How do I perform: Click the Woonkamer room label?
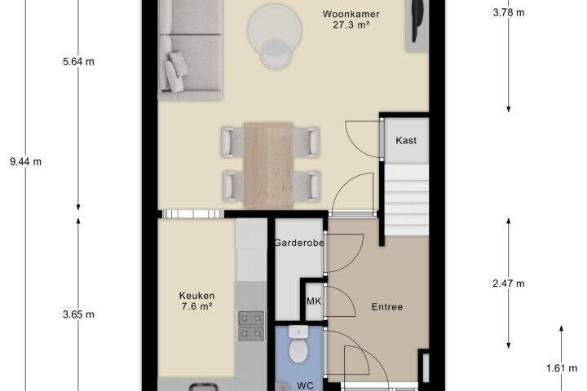tap(351, 14)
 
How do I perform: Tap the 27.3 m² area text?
tap(351, 25)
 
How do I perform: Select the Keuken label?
tap(197, 296)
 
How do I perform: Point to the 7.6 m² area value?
tap(197, 306)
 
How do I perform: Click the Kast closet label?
tap(406, 140)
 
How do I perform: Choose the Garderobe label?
tap(298, 243)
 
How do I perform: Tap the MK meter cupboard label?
tap(314, 301)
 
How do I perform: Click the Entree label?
tap(387, 307)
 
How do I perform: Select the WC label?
tap(305, 385)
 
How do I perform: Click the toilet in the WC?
tap(298, 345)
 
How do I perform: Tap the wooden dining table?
tap(268, 165)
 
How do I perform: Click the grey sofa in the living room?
tap(190, 51)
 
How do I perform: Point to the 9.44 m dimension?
tap(25, 162)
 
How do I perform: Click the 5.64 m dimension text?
tap(78, 62)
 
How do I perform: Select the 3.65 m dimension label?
tap(78, 314)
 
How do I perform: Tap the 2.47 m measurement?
tap(509, 283)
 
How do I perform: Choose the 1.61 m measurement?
tap(562, 368)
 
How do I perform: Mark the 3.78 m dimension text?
tap(509, 13)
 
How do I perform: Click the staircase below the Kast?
tap(407, 200)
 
